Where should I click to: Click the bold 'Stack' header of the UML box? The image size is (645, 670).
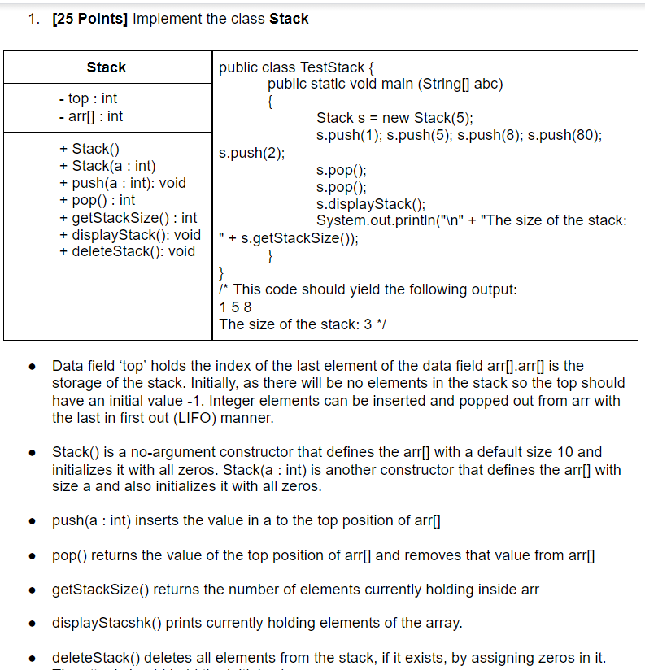pyautogui.click(x=107, y=67)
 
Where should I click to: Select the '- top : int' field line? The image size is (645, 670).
pyautogui.click(x=89, y=98)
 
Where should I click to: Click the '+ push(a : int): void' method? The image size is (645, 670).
pyautogui.click(x=122, y=183)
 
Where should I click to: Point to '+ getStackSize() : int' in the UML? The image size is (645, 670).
pyautogui.click(x=129, y=217)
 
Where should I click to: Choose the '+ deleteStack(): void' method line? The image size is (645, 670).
pyautogui.click(x=127, y=251)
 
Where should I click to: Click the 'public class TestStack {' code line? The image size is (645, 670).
pyautogui.click(x=296, y=67)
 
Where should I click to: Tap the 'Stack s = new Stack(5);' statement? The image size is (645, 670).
pyautogui.click(x=394, y=118)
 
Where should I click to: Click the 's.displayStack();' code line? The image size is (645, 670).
pyautogui.click(x=371, y=203)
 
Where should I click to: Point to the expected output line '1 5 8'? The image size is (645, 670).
pyautogui.click(x=236, y=307)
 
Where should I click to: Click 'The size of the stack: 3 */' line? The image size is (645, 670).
pyautogui.click(x=303, y=324)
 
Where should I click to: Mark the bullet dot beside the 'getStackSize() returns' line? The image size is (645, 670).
pyautogui.click(x=30, y=590)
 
